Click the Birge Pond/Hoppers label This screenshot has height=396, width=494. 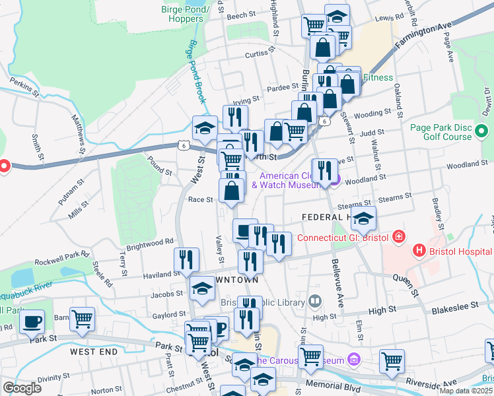(186, 14)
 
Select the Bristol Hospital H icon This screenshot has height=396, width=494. (417, 251)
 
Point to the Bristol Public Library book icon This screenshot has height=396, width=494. (316, 302)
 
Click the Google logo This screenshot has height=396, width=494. (22, 388)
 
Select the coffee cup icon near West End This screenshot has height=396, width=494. (32, 322)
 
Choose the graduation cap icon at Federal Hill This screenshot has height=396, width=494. (363, 218)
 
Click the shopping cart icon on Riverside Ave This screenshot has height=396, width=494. (392, 362)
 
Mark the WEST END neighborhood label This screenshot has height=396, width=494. (95, 352)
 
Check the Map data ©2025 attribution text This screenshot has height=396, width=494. (466, 391)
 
